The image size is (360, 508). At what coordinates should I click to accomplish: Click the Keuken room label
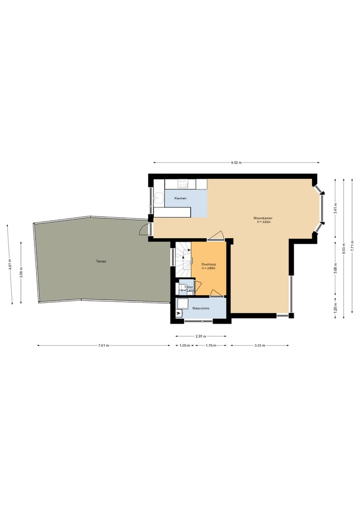(x=180, y=199)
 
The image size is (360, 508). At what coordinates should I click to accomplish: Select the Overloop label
(x=208, y=265)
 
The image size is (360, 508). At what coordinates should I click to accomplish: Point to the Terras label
(x=101, y=261)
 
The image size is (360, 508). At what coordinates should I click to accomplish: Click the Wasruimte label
(x=200, y=309)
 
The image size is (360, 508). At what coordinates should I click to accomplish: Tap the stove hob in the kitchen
(x=183, y=184)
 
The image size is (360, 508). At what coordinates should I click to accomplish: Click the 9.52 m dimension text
(x=236, y=162)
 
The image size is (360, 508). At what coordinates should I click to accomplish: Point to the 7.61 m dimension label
(x=103, y=345)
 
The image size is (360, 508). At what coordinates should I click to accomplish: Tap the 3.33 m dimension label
(x=259, y=345)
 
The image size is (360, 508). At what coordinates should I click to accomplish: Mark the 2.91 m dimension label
(x=201, y=336)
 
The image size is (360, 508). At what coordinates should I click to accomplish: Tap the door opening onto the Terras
(x=144, y=230)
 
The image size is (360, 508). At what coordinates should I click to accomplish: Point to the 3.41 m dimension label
(x=335, y=208)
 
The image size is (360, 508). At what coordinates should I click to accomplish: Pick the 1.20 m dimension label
(x=335, y=307)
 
